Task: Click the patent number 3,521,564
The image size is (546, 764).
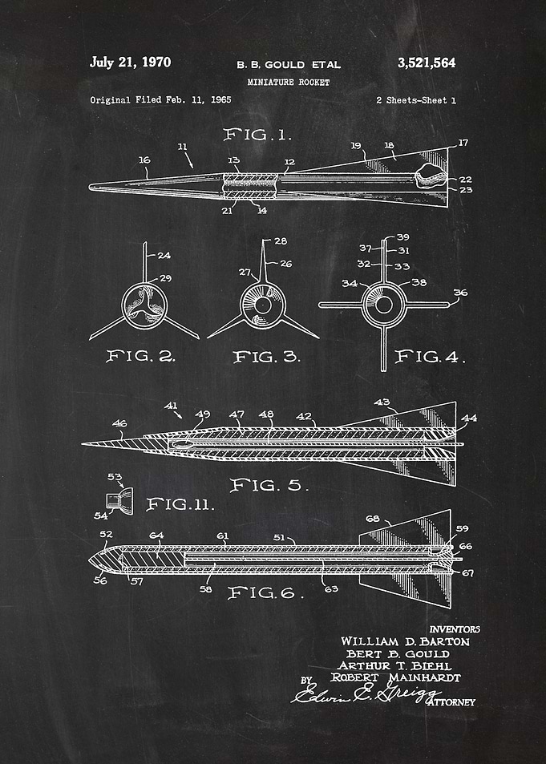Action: pyautogui.click(x=427, y=63)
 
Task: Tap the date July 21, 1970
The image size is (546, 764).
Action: pyautogui.click(x=130, y=62)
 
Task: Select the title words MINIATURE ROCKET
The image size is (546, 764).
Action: pyautogui.click(x=289, y=83)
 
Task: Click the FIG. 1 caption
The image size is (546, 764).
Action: pyautogui.click(x=257, y=135)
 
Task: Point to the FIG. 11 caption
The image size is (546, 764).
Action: pyautogui.click(x=180, y=503)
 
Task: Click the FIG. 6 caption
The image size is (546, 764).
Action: pyautogui.click(x=265, y=592)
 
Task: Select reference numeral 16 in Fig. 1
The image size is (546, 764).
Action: pyautogui.click(x=144, y=160)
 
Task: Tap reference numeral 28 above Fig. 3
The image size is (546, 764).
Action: pyautogui.click(x=281, y=241)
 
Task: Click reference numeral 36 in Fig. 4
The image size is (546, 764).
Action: pyautogui.click(x=460, y=293)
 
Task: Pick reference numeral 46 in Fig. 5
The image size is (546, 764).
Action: pyautogui.click(x=120, y=423)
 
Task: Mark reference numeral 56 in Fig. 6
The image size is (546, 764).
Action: pyautogui.click(x=100, y=580)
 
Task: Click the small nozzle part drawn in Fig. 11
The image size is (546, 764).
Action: pyautogui.click(x=119, y=500)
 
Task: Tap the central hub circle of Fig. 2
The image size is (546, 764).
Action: pyautogui.click(x=144, y=306)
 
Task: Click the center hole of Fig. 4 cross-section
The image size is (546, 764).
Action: pyautogui.click(x=384, y=305)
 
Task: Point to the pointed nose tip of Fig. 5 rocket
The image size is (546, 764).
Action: pyautogui.click(x=83, y=443)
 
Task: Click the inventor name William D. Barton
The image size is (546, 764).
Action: pyautogui.click(x=405, y=641)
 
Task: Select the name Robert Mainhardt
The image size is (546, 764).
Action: pyautogui.click(x=395, y=677)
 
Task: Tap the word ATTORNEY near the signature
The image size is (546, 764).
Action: pyautogui.click(x=452, y=702)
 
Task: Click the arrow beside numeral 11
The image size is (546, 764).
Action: pyautogui.click(x=188, y=161)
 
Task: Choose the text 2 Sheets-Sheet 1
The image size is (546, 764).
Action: pyautogui.click(x=416, y=100)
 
